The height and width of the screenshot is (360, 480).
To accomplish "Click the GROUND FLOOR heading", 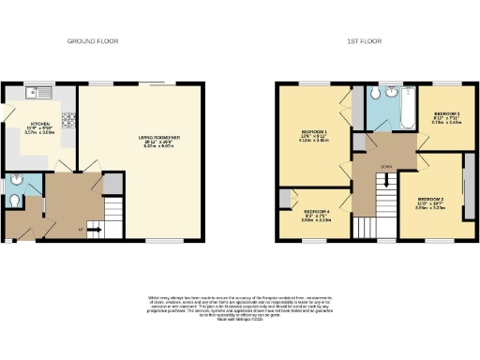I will [x=91, y=41].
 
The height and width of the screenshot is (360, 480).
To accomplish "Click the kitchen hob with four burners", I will [x=68, y=119].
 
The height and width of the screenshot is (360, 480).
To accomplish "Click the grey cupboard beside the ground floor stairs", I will [x=112, y=184].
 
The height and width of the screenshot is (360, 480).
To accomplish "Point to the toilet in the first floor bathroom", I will [x=374, y=94].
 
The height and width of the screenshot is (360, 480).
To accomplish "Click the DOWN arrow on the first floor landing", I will [x=385, y=168].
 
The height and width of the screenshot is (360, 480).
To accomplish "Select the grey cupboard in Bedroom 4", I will [x=285, y=200].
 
